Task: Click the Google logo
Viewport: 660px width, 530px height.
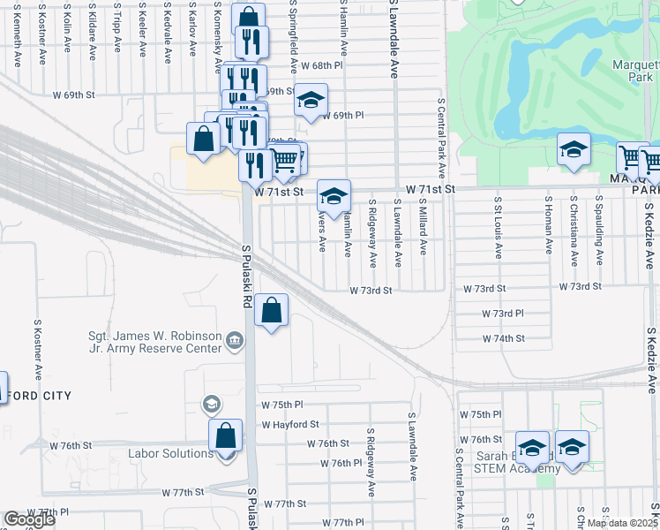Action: coord(29,519)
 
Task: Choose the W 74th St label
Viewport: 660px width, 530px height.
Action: coord(503,338)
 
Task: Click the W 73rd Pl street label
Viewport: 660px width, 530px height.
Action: coord(503,314)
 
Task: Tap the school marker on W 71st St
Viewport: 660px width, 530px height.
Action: coord(334,197)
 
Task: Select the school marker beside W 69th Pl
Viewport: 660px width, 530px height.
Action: coord(310,100)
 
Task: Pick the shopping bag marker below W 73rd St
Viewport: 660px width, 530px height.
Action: coord(273,310)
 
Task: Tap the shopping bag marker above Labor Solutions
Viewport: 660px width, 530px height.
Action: coord(225,435)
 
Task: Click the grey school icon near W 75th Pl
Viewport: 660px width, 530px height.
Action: coord(211,405)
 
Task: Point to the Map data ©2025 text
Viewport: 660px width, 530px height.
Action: coord(622,523)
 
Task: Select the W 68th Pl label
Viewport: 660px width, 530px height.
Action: coord(320,66)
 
